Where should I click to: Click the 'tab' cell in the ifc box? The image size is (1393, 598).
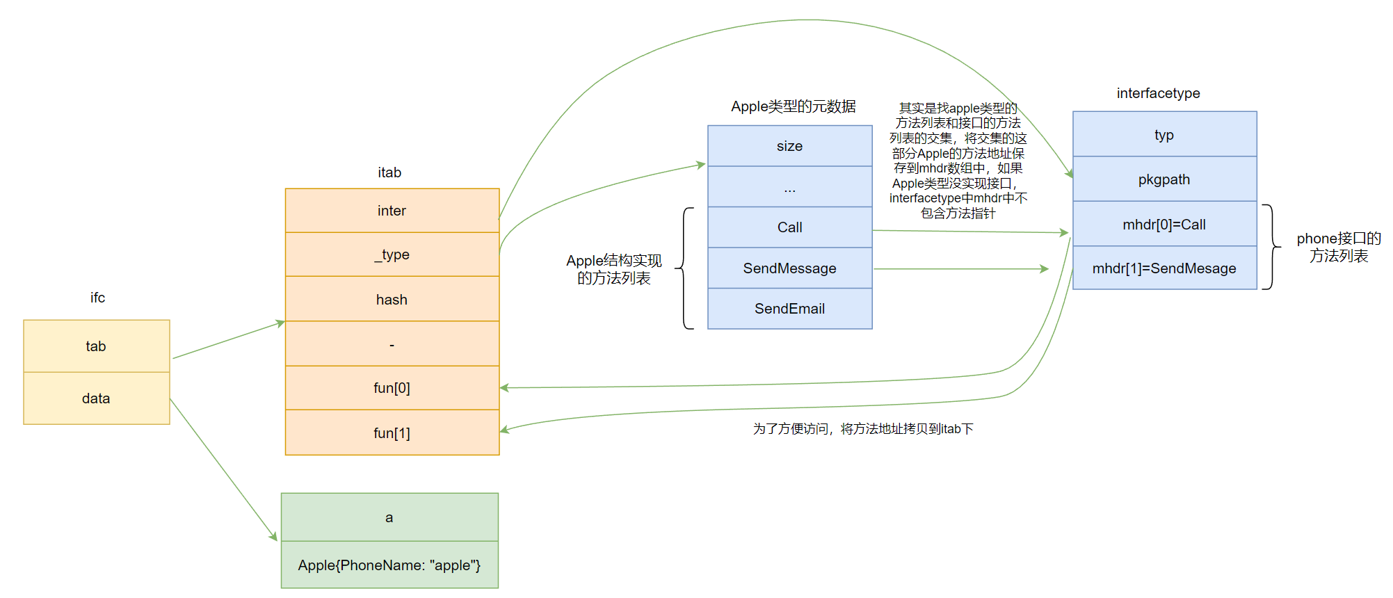click(x=96, y=346)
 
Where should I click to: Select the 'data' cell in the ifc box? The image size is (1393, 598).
click(x=96, y=398)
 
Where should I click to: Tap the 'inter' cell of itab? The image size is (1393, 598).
click(x=392, y=211)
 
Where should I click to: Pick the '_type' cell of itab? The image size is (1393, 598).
click(x=392, y=254)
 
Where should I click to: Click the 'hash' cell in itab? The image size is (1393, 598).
click(x=392, y=300)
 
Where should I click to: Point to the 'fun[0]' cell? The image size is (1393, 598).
click(x=392, y=388)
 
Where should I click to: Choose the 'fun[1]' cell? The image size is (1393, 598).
click(x=392, y=433)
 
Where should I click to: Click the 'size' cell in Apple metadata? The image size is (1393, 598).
click(x=789, y=146)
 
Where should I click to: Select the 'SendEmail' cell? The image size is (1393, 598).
click(x=789, y=309)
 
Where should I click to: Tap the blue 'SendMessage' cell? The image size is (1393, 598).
click(x=789, y=268)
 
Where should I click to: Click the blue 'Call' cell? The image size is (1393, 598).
click(x=789, y=227)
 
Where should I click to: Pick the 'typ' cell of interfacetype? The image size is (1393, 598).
click(x=1164, y=135)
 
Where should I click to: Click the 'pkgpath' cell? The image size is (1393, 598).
click(x=1164, y=179)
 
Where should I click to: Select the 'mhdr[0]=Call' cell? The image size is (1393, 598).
click(x=1164, y=225)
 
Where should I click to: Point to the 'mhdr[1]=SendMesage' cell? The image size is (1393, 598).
click(x=1164, y=268)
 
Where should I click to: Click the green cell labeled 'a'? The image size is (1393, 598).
click(x=389, y=517)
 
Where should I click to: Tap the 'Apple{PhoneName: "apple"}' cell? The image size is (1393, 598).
click(x=389, y=565)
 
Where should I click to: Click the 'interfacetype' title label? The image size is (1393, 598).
click(x=1158, y=93)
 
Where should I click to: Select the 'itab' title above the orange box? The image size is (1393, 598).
click(x=389, y=172)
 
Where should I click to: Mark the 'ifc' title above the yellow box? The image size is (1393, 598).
click(x=97, y=298)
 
